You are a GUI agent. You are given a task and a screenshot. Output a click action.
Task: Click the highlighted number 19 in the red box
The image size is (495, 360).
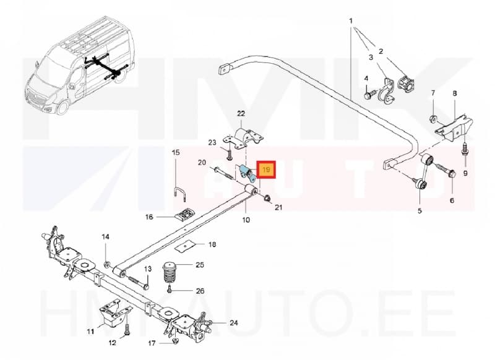click(267, 169)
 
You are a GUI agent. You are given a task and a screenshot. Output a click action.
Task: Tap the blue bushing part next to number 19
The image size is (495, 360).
click(245, 172)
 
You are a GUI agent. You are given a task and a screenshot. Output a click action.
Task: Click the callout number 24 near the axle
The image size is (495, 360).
click(233, 323)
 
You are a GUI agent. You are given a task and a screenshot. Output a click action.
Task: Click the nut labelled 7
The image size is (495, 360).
click(432, 118)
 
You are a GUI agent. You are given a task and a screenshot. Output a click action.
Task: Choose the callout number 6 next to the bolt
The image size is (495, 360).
click(451, 200)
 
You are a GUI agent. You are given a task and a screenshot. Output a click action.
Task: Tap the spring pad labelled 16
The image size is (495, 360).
click(183, 215)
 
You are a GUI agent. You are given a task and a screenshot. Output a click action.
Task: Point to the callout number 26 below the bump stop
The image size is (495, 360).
click(199, 291)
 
